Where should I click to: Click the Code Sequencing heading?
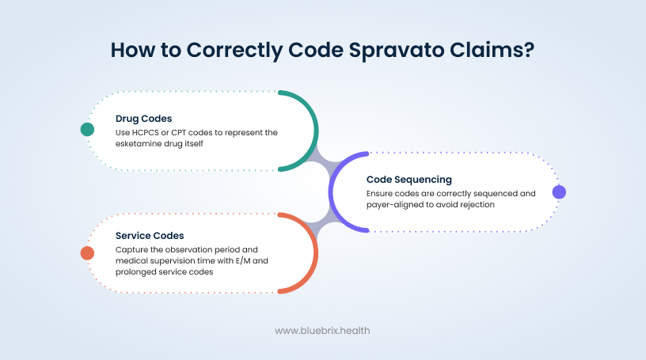pos(408,180)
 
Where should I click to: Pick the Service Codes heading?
pos(150,236)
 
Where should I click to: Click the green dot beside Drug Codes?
pos(87,130)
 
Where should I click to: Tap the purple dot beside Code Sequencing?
pos(559,191)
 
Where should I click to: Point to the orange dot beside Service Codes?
pos(87,252)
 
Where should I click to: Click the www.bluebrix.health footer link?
pos(322,331)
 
